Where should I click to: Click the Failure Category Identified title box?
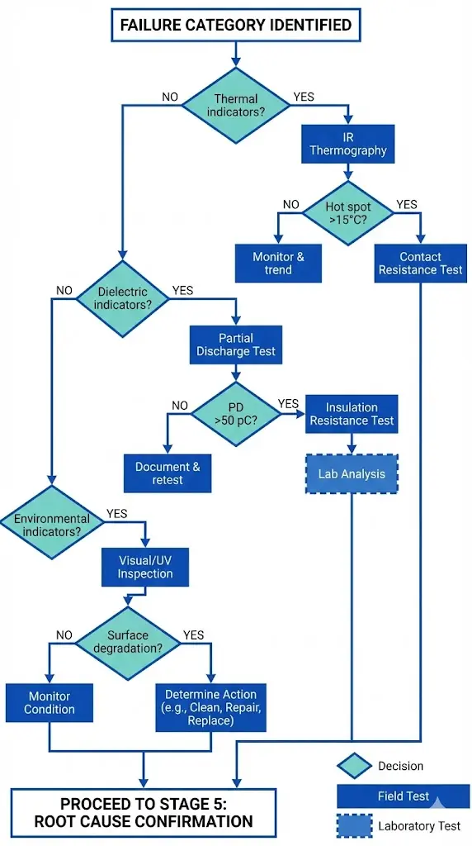235,25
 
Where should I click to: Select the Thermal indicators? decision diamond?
236,104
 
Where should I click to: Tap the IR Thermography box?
347,144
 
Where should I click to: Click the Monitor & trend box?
278,263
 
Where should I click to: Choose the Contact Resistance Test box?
420,263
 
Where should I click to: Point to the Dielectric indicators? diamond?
121,297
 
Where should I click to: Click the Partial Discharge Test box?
235,345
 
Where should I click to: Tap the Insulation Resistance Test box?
352,414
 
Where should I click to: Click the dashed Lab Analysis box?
352,474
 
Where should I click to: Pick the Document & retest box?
168,473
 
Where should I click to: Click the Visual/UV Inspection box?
145,567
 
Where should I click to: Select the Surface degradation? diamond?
128,642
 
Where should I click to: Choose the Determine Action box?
210,707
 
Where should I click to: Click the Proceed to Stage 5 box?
144,813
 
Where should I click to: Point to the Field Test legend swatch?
404,796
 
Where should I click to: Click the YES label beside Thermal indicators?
303,97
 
